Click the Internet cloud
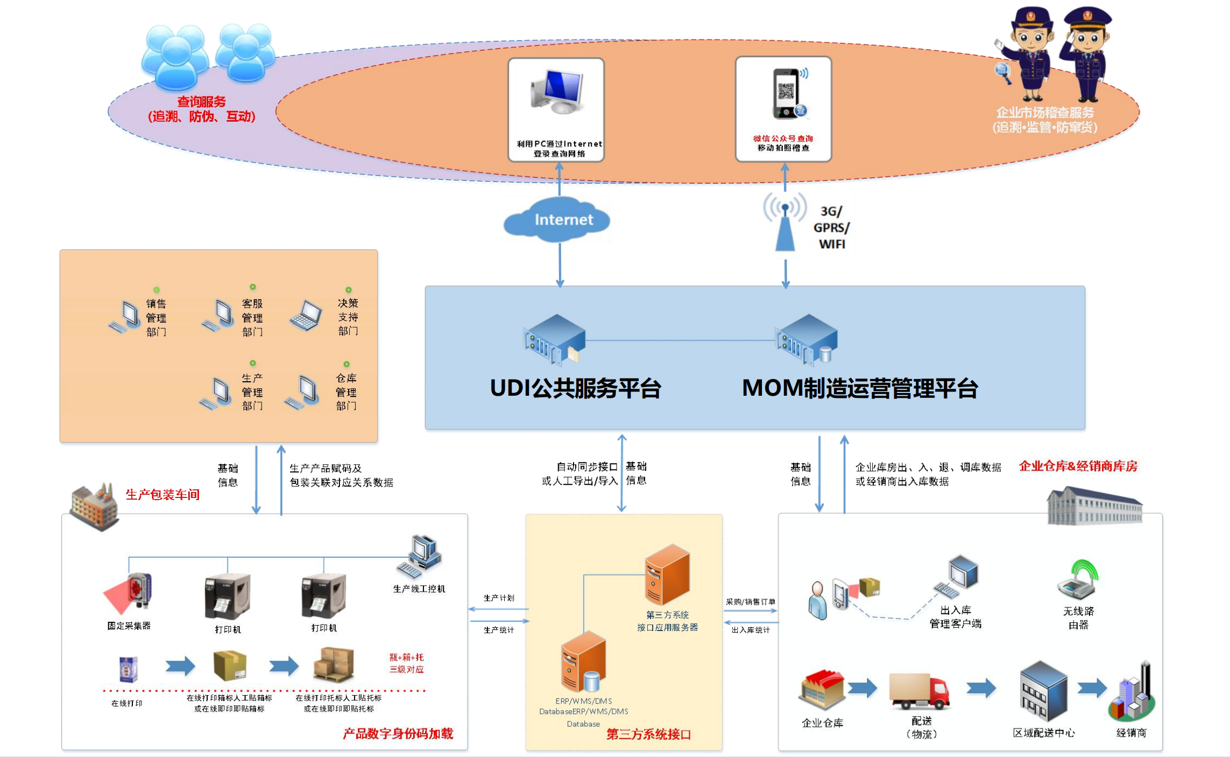pyautogui.click(x=557, y=220)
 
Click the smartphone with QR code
pyautogui.click(x=787, y=93)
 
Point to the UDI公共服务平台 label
pyautogui.click(x=575, y=388)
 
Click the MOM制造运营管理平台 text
pyautogui.click(x=859, y=388)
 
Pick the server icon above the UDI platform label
pyautogui.click(x=554, y=339)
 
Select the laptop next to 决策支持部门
pyautogui.click(x=306, y=316)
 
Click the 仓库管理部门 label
pyautogui.click(x=346, y=392)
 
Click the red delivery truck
pyautogui.click(x=919, y=691)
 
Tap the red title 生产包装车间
pyautogui.click(x=162, y=494)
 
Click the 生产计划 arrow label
pyautogui.click(x=499, y=598)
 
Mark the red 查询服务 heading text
pyautogui.click(x=201, y=101)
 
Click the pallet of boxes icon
pyautogui.click(x=334, y=664)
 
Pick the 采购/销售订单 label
pyautogui.click(x=750, y=602)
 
